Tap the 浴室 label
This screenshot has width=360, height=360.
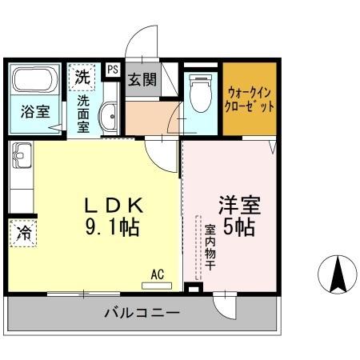click(x=34, y=113)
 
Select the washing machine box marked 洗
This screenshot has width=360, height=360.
click(x=82, y=77)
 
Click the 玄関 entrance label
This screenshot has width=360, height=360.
click(x=142, y=80)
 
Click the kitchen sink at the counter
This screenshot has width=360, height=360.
click(x=20, y=152)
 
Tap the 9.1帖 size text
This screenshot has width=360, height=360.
click(x=112, y=227)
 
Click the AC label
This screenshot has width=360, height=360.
click(x=157, y=274)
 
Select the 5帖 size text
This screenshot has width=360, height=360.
click(x=239, y=227)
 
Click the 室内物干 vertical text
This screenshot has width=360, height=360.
click(x=209, y=246)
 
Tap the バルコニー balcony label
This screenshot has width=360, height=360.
click(x=142, y=312)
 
